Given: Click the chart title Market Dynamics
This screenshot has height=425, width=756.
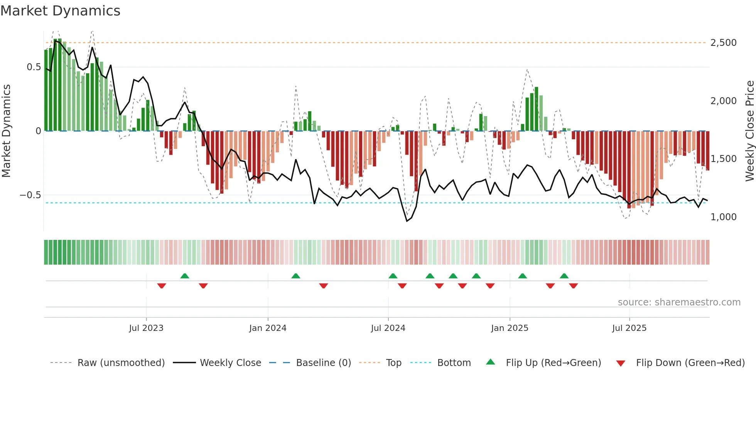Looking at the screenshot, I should tap(60, 11).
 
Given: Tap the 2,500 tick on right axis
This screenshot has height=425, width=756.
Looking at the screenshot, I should tap(723, 43).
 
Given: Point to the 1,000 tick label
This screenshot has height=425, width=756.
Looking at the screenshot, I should tap(723, 217).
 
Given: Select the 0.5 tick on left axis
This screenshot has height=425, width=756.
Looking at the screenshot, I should tap(34, 67).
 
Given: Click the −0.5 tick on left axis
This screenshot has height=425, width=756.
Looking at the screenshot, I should tap(30, 195).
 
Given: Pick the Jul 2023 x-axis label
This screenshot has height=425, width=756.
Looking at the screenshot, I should tap(146, 328).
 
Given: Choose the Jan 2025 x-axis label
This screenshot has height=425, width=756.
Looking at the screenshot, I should tap(510, 328).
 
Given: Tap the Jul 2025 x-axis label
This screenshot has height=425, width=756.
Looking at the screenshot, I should tap(629, 328).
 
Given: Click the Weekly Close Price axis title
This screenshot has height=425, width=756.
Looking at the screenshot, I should tap(749, 131).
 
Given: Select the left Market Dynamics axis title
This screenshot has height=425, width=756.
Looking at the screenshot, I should tap(6, 131).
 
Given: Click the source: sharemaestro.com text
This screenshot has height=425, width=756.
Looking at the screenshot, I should tap(679, 302).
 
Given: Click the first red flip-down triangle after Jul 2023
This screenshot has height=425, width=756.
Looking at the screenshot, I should tap(162, 286).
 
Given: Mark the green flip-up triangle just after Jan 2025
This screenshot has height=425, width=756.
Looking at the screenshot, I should tap(523, 276).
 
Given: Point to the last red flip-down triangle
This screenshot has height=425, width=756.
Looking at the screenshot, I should tap(574, 286).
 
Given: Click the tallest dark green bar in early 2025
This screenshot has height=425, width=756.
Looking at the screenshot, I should tap(537, 109).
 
